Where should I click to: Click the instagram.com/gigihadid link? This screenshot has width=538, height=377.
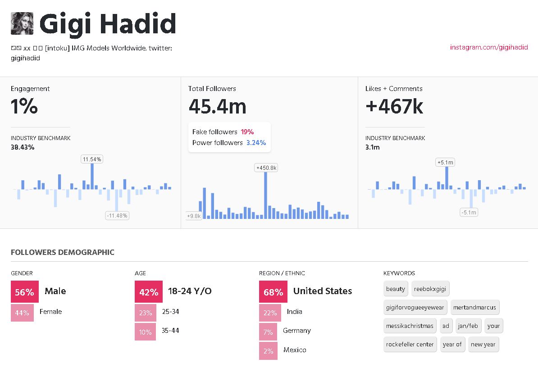point(489,47)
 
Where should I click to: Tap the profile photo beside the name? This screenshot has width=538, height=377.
point(22,23)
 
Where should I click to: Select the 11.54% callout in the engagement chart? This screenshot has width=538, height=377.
point(92,159)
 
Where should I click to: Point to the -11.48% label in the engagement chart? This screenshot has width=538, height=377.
point(117,216)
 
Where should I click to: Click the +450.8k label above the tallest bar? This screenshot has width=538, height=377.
point(266,168)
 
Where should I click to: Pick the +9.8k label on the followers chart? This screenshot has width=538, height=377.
point(194,216)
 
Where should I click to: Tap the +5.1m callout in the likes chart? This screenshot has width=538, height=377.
point(445,162)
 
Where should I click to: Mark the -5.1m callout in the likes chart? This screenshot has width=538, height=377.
point(469,212)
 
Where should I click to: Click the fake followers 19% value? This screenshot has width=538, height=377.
point(247,132)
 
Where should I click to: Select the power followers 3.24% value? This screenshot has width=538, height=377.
point(256,143)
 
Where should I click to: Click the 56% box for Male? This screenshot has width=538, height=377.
point(25,292)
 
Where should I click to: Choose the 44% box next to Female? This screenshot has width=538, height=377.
point(22,313)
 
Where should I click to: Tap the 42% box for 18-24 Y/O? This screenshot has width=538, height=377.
point(148,292)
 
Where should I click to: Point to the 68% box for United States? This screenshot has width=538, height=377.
point(273,292)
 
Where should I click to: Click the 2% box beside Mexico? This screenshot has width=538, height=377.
point(268,351)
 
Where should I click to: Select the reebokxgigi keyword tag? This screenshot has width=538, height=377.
point(429,289)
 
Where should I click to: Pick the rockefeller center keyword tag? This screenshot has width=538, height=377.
point(410,344)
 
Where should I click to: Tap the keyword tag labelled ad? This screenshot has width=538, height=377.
point(446,326)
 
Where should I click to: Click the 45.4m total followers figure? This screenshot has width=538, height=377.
point(217,107)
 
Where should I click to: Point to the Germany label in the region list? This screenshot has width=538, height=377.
point(296,331)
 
